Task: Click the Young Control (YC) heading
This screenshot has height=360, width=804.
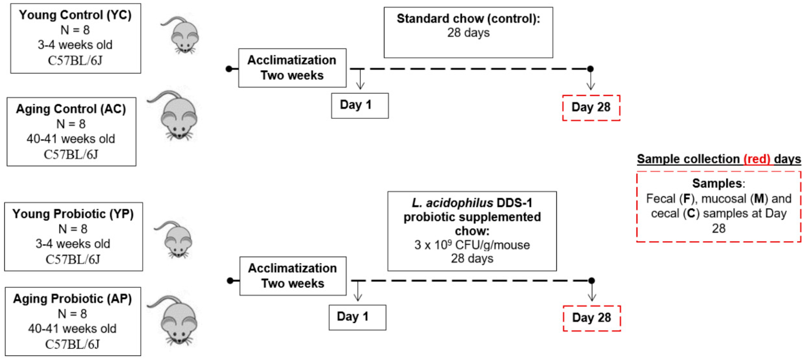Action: tap(75, 15)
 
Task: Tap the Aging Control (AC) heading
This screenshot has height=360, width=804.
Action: tap(71, 109)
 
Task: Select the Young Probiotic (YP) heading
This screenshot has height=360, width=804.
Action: tap(73, 214)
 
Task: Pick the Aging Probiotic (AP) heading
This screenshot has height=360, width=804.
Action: tap(73, 299)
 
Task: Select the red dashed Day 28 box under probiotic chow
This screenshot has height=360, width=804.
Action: tap(591, 318)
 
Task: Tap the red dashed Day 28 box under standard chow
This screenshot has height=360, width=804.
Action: tap(591, 108)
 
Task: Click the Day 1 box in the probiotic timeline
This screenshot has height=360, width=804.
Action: tap(357, 317)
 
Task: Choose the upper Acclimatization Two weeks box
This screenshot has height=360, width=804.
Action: tap(292, 68)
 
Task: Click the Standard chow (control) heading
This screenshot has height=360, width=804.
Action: tap(468, 19)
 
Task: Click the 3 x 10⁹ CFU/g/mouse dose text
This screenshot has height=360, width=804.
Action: tap(472, 245)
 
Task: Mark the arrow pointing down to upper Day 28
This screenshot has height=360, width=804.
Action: tap(591, 81)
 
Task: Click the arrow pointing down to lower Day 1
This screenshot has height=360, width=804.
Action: tap(358, 292)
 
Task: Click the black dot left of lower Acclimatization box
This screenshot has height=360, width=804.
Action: tap(230, 281)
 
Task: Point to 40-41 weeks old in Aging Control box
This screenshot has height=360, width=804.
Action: tap(71, 139)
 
